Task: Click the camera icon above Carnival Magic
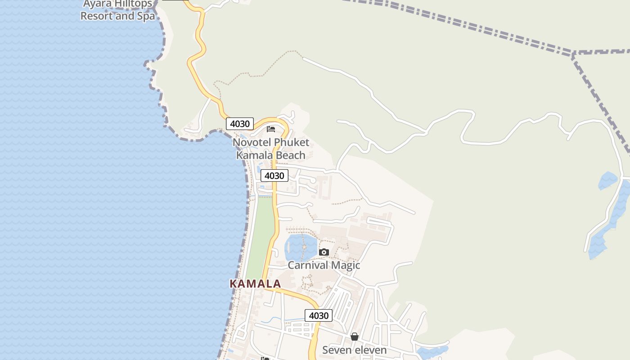324,252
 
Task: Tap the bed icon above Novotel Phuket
270,129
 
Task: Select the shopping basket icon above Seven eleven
355,337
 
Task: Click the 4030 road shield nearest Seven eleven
319,315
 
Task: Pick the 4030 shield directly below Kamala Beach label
274,175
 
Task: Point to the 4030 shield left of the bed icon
240,124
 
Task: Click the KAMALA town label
255,284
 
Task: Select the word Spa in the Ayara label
145,16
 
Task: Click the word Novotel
252,143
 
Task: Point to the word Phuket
292,143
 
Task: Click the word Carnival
307,265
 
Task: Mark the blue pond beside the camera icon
300,247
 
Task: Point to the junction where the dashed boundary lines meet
573,54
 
